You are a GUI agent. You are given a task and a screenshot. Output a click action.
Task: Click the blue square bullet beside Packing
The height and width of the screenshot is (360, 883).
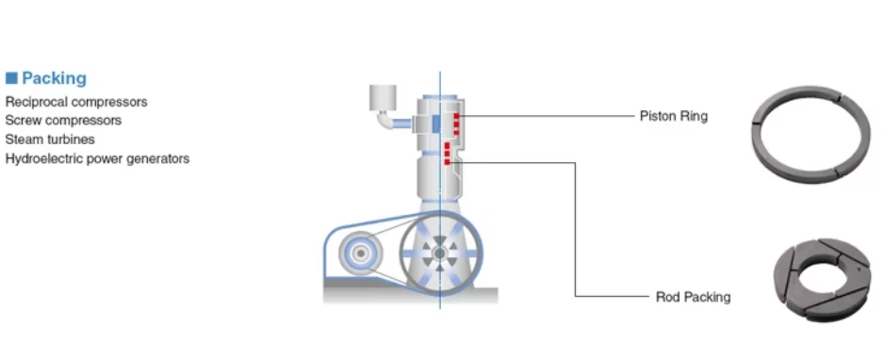point(11,78)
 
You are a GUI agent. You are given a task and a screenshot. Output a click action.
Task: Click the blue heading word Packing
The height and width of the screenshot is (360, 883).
point(54,78)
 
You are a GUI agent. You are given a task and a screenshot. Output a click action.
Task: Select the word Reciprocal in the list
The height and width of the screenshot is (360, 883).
point(37,102)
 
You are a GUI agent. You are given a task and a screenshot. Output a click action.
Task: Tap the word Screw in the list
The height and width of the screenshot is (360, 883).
point(22,121)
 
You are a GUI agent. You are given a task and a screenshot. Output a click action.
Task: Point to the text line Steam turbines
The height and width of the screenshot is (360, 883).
point(50,139)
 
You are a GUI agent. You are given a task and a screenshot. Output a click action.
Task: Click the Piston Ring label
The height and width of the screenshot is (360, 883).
point(674,116)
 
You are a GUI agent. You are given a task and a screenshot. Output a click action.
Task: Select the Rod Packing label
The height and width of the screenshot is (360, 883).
point(694,297)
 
